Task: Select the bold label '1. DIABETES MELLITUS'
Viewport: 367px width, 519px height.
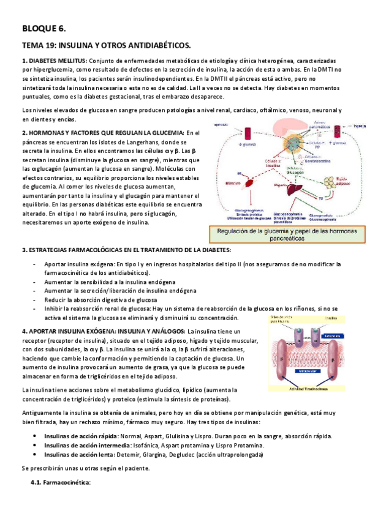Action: tap(55, 61)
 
